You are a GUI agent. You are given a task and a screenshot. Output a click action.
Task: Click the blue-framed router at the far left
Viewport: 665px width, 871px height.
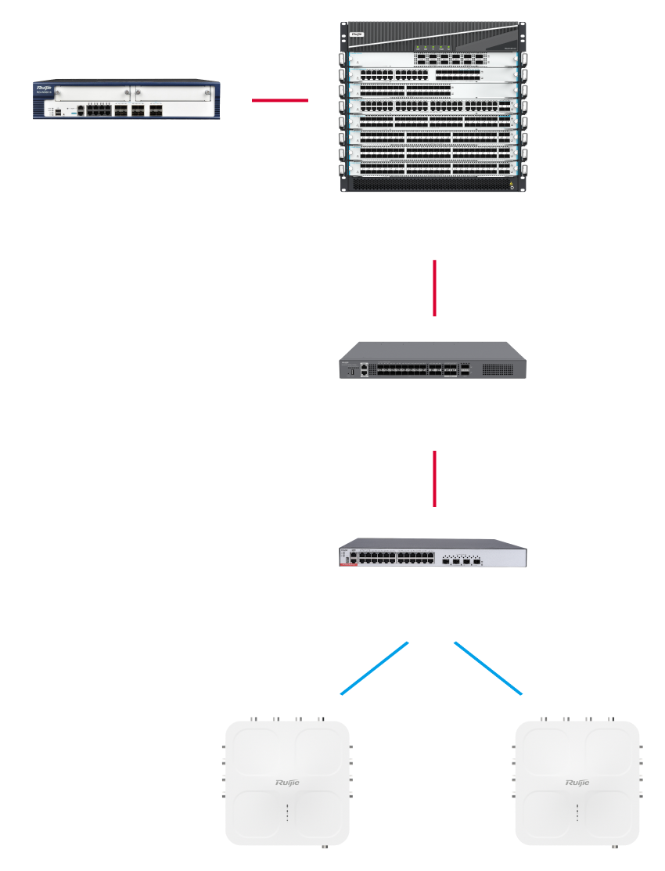coord(126,99)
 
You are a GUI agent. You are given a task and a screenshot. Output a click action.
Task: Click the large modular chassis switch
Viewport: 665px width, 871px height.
coord(433,107)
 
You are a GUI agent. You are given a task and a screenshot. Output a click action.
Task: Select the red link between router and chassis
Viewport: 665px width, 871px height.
coord(279,100)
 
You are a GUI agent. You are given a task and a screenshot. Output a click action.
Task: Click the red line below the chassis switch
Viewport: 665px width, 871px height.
coord(434,288)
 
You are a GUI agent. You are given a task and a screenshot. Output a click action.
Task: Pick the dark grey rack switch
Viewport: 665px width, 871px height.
coord(433,362)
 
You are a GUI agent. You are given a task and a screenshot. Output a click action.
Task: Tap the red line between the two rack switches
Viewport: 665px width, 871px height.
coord(434,478)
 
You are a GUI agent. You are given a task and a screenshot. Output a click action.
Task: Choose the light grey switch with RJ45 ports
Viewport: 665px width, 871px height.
coord(433,553)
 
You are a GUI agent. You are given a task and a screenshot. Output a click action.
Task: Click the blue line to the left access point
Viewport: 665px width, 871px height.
coord(375,668)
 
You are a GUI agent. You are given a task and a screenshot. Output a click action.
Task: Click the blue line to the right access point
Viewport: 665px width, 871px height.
coord(487,668)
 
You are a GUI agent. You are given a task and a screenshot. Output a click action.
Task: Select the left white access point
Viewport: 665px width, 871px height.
coord(287,783)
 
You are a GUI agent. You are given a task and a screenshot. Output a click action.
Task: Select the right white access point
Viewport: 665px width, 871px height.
coord(577,783)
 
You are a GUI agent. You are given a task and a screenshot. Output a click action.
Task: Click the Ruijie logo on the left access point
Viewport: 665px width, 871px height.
coord(287,783)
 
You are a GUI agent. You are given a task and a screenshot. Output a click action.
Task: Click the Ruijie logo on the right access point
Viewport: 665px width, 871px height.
coord(577,783)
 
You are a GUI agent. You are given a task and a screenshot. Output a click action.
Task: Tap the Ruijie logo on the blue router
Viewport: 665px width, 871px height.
coord(44,88)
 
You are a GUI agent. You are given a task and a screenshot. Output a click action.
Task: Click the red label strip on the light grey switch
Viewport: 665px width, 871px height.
coord(350,569)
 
